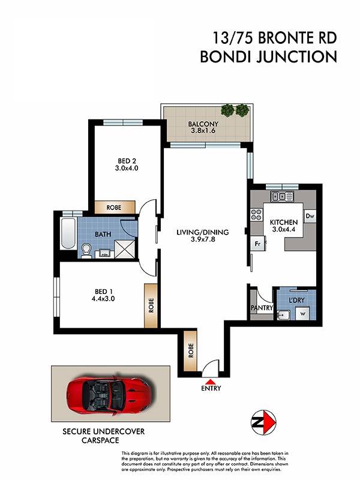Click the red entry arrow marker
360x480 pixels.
211,382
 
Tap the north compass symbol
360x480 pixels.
263,422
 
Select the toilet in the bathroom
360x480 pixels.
86,250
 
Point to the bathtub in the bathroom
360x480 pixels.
68,233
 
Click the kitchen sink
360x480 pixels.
282,196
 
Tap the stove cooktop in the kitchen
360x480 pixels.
256,215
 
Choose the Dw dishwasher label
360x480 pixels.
310,216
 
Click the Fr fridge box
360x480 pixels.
257,244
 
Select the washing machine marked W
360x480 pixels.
303,314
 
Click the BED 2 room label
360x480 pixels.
127,161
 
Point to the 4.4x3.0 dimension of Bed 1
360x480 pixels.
103,298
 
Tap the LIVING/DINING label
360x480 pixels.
203,232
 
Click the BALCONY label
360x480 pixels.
203,124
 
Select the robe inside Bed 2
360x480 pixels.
115,207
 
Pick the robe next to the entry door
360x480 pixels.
191,351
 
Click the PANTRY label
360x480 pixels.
262,308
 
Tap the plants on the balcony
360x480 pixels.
235,110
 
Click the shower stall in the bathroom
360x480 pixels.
125,249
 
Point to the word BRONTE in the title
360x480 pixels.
281,38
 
